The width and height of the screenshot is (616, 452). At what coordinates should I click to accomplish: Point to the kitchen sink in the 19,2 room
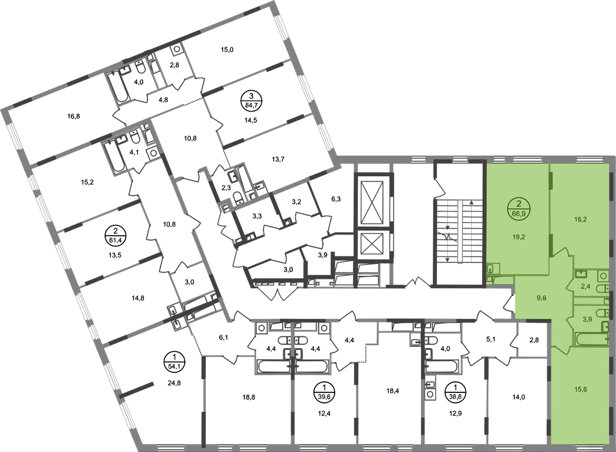click(491, 268)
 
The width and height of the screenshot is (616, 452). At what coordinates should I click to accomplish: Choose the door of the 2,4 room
click(571, 284)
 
